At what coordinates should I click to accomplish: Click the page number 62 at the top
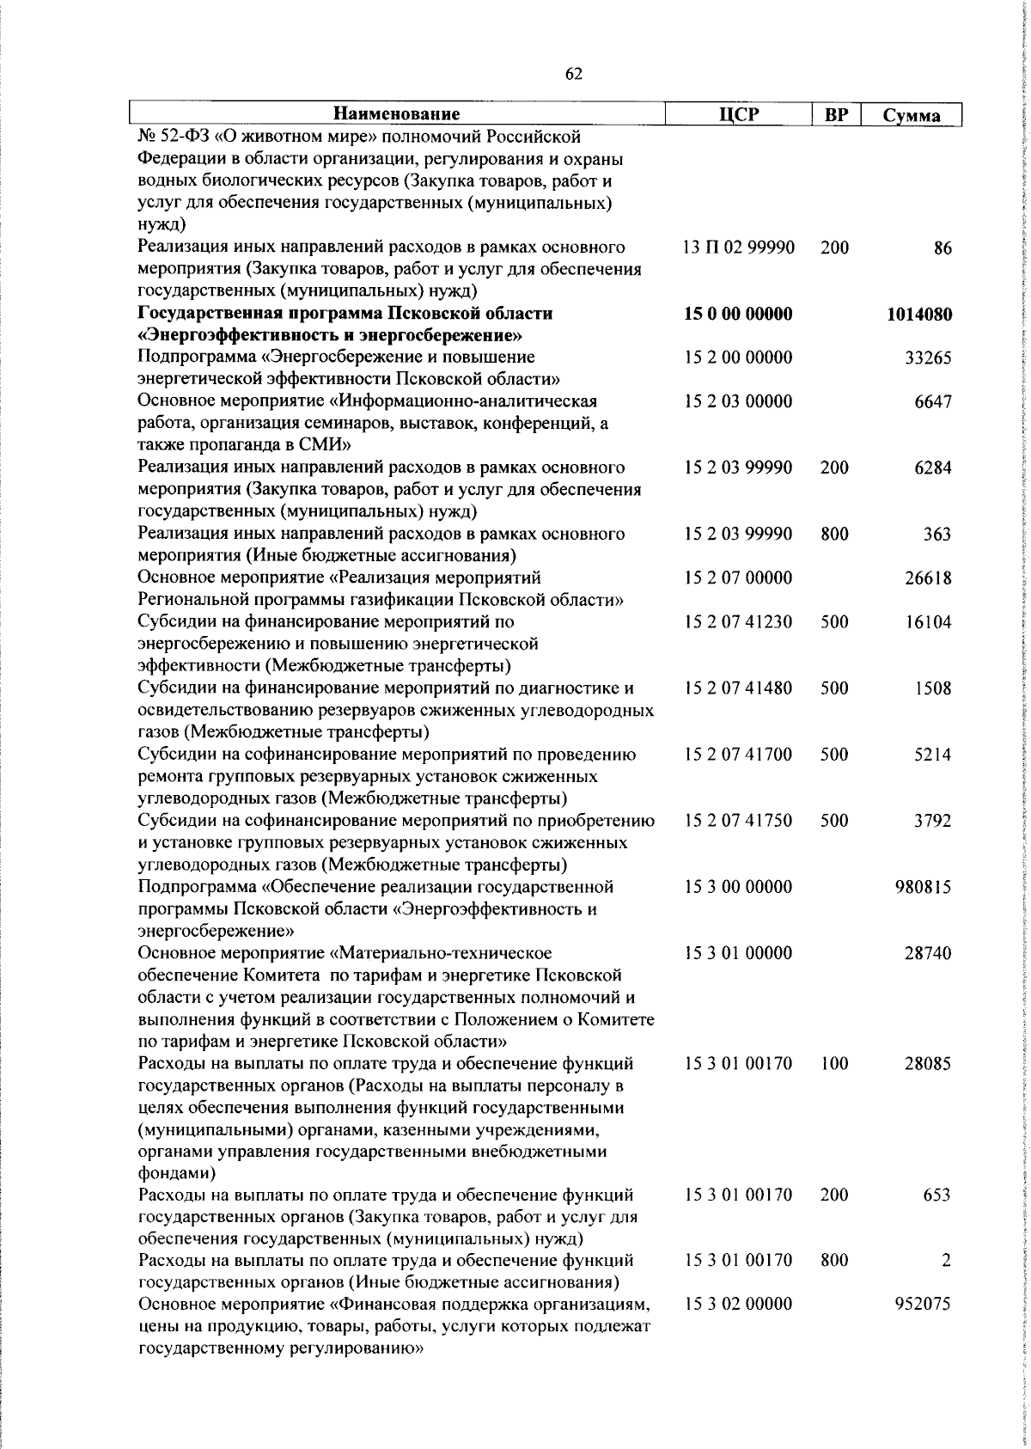(x=575, y=75)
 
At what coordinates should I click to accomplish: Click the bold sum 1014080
(x=919, y=315)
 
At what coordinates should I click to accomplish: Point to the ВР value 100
(x=834, y=1064)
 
